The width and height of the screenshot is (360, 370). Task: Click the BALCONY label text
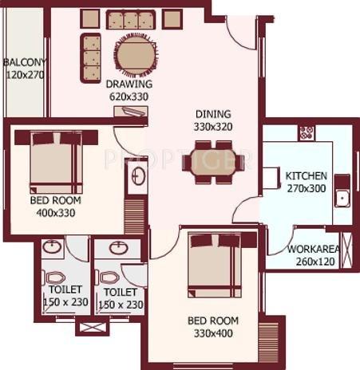(26, 62)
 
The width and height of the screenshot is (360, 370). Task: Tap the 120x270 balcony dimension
(25, 75)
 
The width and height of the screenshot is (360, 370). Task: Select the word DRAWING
(129, 84)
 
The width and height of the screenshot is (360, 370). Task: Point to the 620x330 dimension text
(129, 96)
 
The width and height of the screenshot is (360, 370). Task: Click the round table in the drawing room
(137, 56)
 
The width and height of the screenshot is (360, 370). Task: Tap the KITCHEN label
(307, 175)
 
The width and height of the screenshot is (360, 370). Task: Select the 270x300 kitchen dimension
(307, 189)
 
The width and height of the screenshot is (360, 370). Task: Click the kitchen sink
(342, 196)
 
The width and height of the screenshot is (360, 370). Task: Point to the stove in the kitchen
(306, 132)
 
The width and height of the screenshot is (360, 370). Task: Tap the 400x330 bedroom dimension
(55, 215)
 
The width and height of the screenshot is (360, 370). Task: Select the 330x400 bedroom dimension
(212, 333)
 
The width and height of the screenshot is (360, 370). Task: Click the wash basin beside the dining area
(138, 176)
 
